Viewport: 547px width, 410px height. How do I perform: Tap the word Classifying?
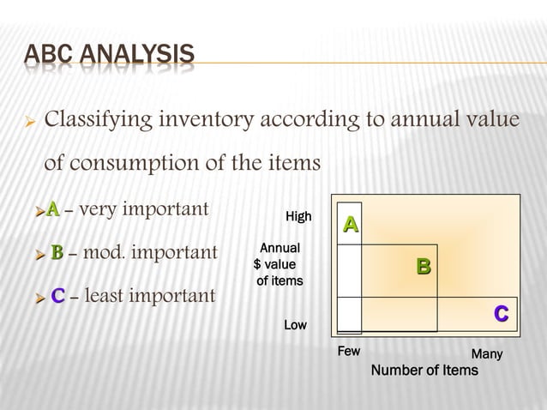tap(100, 119)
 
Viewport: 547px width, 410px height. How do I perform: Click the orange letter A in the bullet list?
tap(53, 208)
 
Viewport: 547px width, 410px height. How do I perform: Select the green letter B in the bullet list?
tap(57, 253)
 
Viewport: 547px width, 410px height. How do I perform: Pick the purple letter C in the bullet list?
tap(58, 297)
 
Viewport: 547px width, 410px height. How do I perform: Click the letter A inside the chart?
tap(350, 225)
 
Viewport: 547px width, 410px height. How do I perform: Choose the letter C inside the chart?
tap(501, 315)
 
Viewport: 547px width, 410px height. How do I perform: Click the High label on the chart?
tap(298, 217)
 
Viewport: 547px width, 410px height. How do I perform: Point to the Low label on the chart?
tap(296, 326)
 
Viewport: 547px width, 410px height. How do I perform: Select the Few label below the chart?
tap(349, 352)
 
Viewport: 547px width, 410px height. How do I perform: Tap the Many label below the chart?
tap(487, 354)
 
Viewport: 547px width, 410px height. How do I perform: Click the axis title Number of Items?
tap(424, 371)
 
